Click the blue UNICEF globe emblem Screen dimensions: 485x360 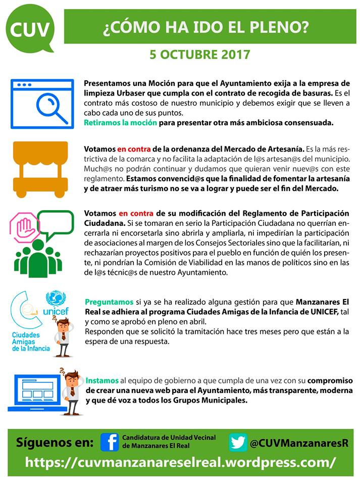tap(56, 300)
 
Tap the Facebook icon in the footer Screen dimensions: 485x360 tap(109, 442)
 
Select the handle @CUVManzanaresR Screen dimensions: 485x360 tap(299, 443)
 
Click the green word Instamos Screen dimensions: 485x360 tap(102, 380)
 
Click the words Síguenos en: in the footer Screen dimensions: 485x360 tap(55, 443)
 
